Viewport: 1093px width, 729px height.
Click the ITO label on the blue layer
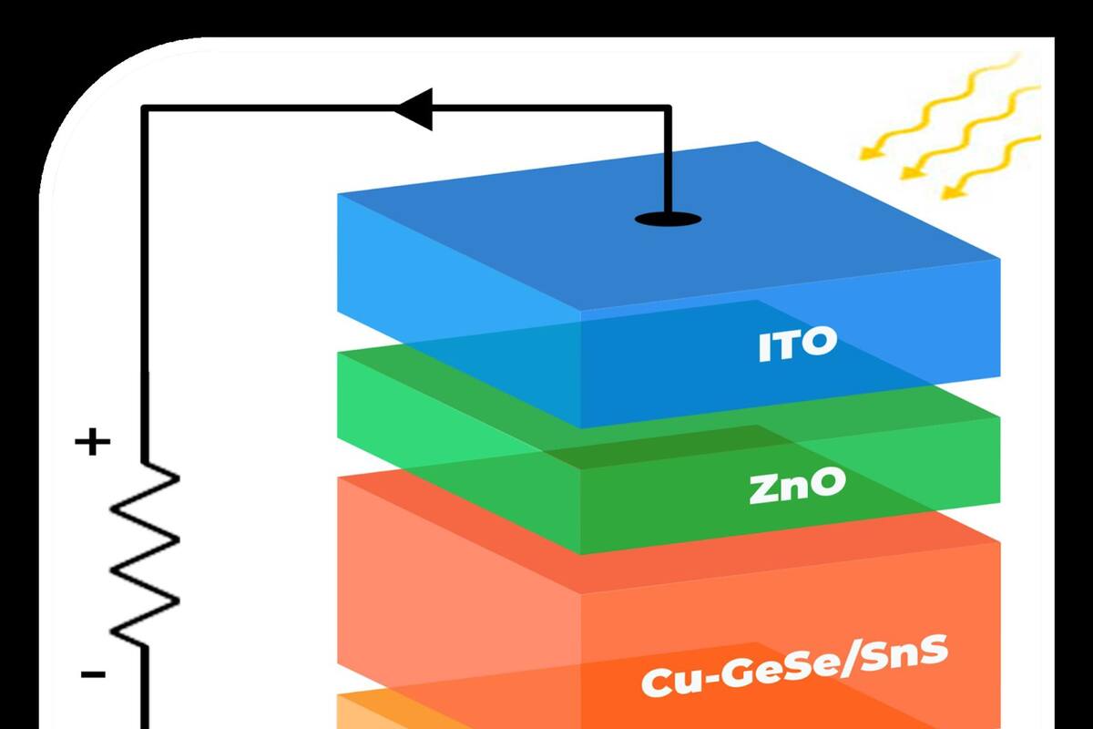coord(797,345)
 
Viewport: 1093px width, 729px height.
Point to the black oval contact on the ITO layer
coord(668,219)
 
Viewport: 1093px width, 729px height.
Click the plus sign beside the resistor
coord(93,444)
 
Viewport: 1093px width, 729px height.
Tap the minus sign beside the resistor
coord(93,675)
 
